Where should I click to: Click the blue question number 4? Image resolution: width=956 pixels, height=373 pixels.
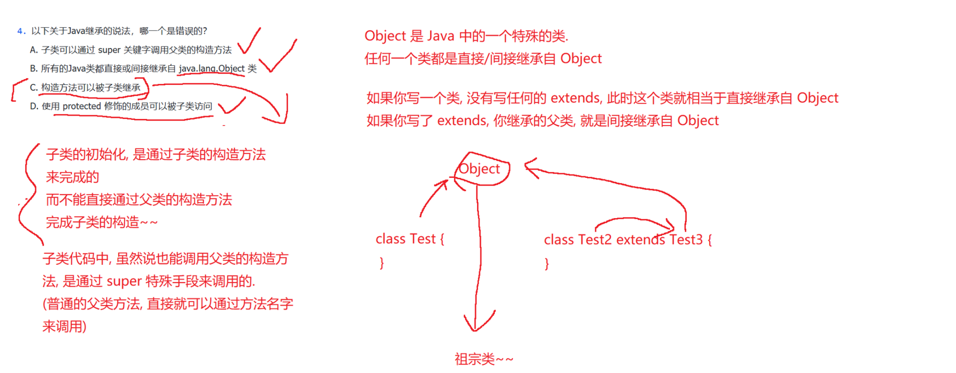pyautogui.click(x=20, y=31)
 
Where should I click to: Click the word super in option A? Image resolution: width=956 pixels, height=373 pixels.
pyautogui.click(x=109, y=50)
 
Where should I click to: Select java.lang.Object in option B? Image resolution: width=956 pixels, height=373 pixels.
pyautogui.click(x=212, y=69)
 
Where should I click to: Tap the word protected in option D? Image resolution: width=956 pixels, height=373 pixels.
pyautogui.click(x=82, y=106)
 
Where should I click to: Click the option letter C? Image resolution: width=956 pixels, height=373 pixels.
pyautogui.click(x=33, y=88)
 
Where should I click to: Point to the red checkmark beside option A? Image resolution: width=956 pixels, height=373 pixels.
pyautogui.click(x=250, y=42)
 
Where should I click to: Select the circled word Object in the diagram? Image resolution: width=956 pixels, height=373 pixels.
pyautogui.click(x=479, y=169)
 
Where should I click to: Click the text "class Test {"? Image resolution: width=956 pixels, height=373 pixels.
pyautogui.click(x=410, y=239)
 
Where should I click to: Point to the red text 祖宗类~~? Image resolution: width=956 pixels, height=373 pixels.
pyautogui.click(x=484, y=359)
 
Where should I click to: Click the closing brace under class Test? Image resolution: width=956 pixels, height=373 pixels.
pyautogui.click(x=382, y=263)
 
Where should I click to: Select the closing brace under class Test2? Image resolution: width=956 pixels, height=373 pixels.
pyautogui.click(x=547, y=264)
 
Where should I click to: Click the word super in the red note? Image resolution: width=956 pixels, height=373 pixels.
pyautogui.click(x=124, y=282)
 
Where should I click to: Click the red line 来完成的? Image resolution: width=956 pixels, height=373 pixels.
pyautogui.click(x=72, y=177)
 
